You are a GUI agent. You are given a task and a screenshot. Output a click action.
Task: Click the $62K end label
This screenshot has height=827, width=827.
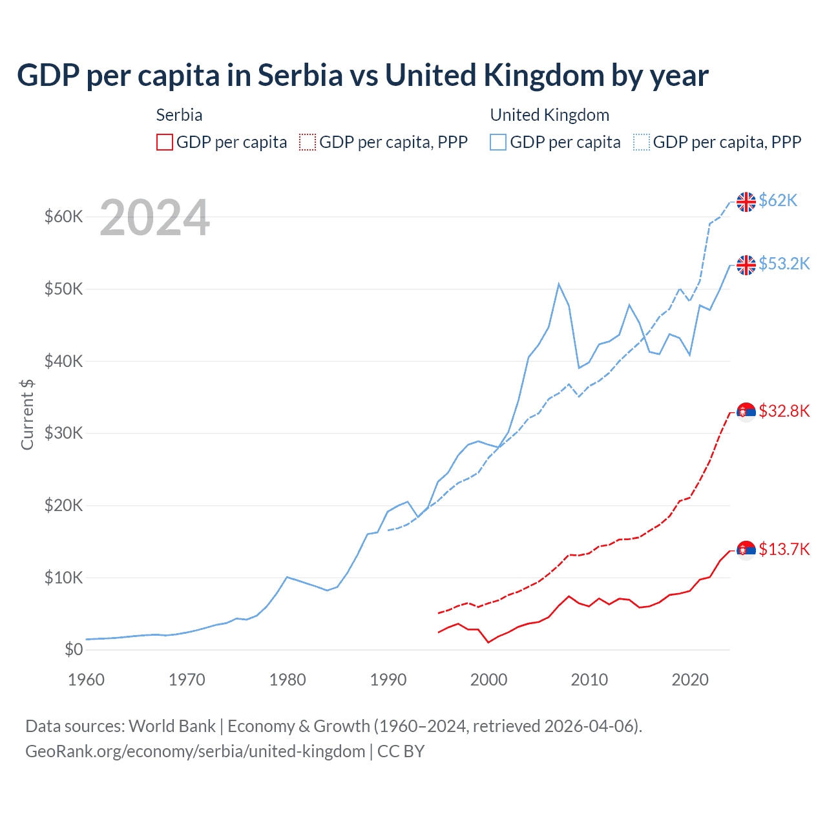point(778,200)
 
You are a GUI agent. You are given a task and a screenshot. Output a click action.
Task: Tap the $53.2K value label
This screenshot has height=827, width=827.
point(784,264)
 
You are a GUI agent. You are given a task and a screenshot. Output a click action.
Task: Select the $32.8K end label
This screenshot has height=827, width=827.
point(784,411)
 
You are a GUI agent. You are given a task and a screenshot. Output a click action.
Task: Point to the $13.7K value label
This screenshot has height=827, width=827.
point(784,549)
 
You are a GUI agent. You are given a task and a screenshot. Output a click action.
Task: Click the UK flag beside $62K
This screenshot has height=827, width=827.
point(746,202)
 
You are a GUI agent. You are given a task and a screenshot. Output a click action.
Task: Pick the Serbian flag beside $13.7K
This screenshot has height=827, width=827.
point(746,550)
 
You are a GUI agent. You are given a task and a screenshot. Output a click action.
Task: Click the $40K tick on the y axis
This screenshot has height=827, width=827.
point(63,361)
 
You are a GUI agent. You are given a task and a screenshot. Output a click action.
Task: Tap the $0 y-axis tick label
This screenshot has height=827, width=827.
point(74,649)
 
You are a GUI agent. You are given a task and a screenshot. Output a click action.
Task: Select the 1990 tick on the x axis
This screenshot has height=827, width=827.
point(388,680)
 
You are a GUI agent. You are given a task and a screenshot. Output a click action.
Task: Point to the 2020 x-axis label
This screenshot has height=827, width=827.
point(690,680)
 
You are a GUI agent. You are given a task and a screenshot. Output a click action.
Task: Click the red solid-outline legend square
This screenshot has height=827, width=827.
point(165,142)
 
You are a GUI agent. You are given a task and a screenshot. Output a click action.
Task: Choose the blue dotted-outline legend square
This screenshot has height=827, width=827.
point(642,142)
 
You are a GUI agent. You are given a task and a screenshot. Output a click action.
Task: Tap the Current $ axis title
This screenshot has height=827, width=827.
point(27,414)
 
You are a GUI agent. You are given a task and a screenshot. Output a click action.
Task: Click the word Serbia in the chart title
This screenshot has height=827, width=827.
point(300,76)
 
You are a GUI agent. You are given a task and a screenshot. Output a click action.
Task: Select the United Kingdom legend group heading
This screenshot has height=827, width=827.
point(549,115)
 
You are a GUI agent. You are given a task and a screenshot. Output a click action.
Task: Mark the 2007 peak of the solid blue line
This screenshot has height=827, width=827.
point(559,284)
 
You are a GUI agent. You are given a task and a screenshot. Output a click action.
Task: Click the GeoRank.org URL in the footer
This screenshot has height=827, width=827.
point(195,751)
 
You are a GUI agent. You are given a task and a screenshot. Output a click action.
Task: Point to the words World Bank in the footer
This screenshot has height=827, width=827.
point(172,726)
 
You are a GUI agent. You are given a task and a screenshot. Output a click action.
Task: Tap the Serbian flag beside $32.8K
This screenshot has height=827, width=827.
point(746,412)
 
